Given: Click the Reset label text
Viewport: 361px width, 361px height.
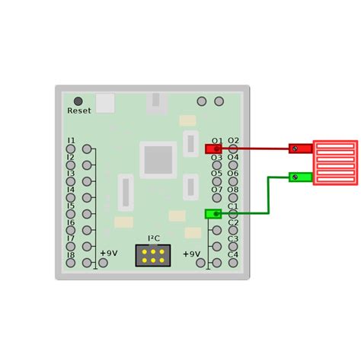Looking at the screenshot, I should (78, 110).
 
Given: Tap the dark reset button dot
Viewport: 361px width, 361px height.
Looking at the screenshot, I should (78, 101).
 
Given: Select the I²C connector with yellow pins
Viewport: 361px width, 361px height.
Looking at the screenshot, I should (152, 255).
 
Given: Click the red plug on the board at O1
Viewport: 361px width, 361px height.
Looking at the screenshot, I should (213, 149).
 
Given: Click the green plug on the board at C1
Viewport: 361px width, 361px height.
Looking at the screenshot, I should (213, 213).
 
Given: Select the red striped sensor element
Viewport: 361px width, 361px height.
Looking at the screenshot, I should (335, 162).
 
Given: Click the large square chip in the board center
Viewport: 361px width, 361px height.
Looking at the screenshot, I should (158, 160).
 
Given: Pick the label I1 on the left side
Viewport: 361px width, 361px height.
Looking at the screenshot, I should (71, 141).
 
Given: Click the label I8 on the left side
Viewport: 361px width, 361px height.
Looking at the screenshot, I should (71, 254).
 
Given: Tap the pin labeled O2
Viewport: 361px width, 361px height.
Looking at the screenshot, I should (234, 149).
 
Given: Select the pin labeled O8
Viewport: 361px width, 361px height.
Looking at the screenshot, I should (234, 198).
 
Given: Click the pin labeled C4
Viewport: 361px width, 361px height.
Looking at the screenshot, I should (234, 263).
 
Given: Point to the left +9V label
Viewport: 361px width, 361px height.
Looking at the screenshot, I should (108, 253).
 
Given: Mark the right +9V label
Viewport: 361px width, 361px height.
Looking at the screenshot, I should (191, 253).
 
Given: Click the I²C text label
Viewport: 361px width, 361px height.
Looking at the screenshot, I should (152, 238).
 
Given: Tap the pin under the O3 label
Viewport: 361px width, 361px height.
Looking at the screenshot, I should (217, 165).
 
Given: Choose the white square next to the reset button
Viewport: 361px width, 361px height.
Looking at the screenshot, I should (106, 103).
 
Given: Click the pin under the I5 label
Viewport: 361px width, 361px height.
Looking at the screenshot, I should (70, 214).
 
